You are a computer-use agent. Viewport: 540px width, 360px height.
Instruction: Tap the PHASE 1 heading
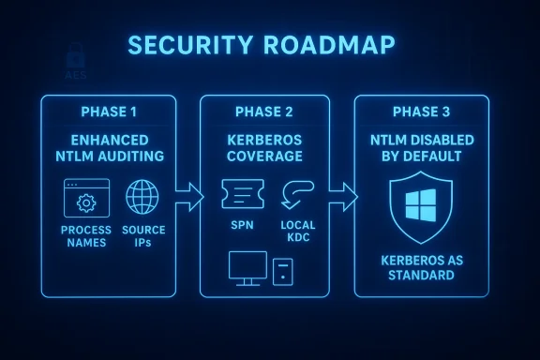click(x=109, y=112)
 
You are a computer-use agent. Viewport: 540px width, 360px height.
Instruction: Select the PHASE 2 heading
click(x=264, y=112)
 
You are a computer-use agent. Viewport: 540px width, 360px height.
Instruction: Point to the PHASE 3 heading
click(x=421, y=112)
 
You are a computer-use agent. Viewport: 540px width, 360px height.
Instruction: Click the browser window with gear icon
click(x=86, y=198)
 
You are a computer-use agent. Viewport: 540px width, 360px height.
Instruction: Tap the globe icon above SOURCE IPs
click(x=143, y=198)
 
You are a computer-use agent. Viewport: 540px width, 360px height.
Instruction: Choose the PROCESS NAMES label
click(x=86, y=236)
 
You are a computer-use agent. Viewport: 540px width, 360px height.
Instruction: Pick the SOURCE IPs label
click(x=143, y=236)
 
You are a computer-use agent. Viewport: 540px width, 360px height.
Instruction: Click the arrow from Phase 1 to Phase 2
click(x=190, y=196)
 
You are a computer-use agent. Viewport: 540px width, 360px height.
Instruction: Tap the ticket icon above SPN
click(x=239, y=196)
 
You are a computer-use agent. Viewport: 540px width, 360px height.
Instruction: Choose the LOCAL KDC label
click(x=299, y=232)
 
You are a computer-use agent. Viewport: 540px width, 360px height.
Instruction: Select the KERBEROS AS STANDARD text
click(x=421, y=268)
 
